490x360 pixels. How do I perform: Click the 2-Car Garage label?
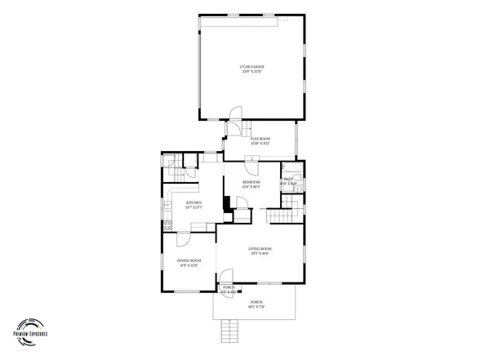pos(252,69)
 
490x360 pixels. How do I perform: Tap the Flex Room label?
pos(260,141)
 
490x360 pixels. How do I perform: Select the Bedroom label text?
pos(251,184)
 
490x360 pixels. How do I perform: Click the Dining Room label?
pos(189,262)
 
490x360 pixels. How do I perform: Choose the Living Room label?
pos(260,251)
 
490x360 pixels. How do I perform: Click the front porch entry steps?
pos(231,331)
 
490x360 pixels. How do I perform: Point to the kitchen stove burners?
pos(167,225)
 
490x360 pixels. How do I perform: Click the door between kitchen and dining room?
pos(183,237)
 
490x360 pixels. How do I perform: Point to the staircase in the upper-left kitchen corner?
pos(174,172)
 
